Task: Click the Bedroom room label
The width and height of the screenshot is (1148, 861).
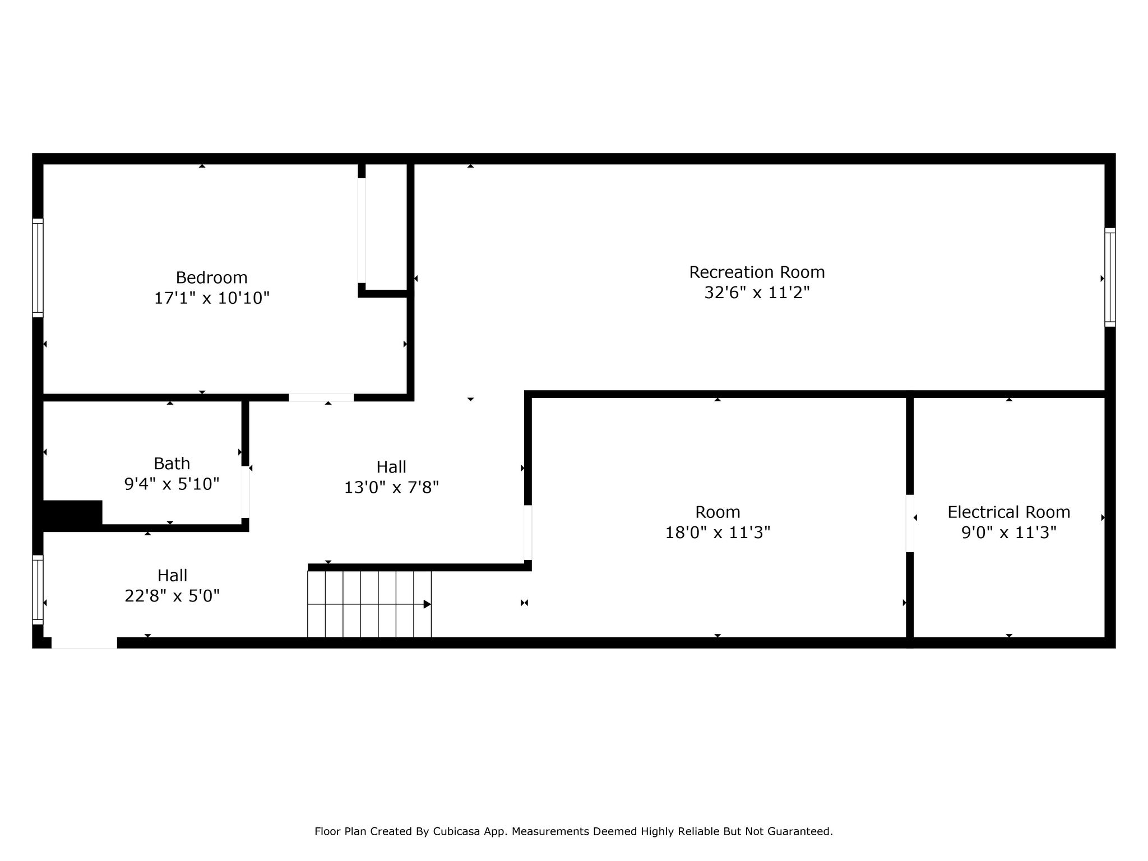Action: (211, 277)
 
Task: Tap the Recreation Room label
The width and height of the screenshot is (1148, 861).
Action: (757, 272)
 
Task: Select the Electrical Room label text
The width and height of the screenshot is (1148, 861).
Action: (1008, 512)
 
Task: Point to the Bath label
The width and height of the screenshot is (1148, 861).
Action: (172, 464)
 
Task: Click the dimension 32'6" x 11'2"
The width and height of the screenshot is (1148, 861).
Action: (757, 292)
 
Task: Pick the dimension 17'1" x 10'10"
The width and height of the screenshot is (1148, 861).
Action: (212, 298)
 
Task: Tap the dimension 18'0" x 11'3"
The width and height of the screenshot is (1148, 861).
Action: (717, 532)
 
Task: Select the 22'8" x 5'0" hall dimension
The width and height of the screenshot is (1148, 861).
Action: (172, 595)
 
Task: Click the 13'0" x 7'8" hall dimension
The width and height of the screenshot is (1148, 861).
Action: (391, 487)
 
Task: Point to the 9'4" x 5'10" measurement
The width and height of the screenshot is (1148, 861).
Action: (172, 483)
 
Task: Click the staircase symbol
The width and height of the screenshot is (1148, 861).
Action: (369, 604)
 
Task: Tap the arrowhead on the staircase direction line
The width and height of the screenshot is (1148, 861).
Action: (427, 604)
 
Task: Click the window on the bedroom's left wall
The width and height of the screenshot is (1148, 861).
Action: (38, 267)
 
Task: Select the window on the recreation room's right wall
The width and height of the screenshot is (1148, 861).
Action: (1110, 277)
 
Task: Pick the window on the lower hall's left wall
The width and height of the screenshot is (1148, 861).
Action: (38, 590)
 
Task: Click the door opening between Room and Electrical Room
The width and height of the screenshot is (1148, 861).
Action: (910, 523)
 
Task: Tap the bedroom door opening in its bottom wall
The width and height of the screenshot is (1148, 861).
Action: (321, 397)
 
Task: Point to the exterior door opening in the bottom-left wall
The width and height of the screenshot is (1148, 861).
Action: (84, 643)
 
